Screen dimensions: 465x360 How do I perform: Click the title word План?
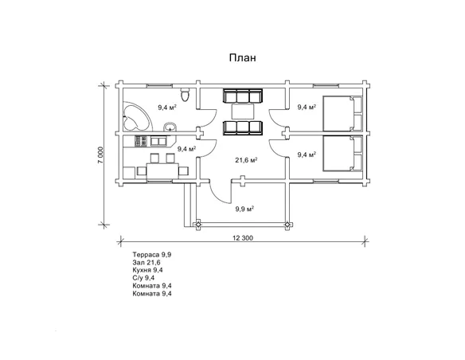tap(242, 57)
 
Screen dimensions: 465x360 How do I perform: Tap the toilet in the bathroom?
tap(185, 94)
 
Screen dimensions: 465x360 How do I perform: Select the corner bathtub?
tap(137, 117)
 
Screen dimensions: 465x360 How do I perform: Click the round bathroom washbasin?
tap(170, 127)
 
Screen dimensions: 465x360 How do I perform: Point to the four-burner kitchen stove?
tap(141, 141)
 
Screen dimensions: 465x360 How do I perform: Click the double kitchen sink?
tap(158, 141)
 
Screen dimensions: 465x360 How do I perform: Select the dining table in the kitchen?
tap(162, 170)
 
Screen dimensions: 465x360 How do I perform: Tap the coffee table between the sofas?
tap(243, 111)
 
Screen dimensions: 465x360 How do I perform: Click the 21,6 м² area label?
tap(246, 160)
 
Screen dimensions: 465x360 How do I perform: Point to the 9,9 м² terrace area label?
tap(244, 209)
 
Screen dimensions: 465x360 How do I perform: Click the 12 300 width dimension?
tap(243, 238)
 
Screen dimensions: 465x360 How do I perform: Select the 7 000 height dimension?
tap(101, 155)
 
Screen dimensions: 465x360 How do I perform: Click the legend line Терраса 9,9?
tap(152, 255)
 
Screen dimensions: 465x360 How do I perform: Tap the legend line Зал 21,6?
tap(147, 263)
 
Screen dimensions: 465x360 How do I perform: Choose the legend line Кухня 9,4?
tap(147, 270)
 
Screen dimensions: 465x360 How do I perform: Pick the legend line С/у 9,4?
tap(143, 278)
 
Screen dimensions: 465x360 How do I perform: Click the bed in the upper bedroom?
tap(342, 113)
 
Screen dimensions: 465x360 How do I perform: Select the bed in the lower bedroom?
tap(342, 153)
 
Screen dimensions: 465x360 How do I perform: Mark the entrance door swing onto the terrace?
tap(220, 191)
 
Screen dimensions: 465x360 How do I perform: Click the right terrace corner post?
tap(287, 225)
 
